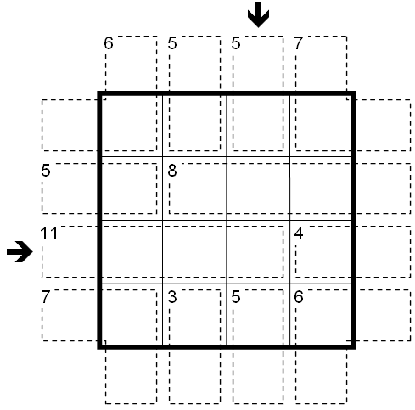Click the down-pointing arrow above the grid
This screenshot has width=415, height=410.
258,14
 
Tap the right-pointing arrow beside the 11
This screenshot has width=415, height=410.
20,251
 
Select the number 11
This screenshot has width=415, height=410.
49,233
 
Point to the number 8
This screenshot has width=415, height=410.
172,171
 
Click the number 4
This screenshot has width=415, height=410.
299,233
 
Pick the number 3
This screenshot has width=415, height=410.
172,297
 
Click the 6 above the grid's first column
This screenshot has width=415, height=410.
109,43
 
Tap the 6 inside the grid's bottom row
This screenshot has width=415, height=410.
299,297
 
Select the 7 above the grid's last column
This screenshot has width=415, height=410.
299,43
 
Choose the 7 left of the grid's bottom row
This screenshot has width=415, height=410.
46,297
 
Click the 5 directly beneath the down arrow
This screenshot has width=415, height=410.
236,43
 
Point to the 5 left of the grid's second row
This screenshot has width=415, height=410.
46,171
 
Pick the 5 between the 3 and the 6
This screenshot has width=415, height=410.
236,297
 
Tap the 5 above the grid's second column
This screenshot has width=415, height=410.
172,43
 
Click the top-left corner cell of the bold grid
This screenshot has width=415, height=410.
132,126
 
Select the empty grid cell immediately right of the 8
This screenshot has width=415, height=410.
258,188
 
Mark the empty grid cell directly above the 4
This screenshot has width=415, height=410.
321,188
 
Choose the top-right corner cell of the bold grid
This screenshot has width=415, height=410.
321,126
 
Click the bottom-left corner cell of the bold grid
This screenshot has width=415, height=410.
132,314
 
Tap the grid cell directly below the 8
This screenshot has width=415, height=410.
194,252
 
